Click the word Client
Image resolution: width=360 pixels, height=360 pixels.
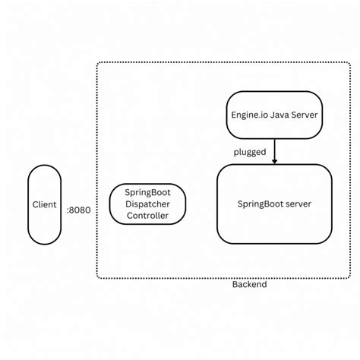pos(45,205)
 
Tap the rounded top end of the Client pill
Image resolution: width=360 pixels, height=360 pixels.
pos(45,169)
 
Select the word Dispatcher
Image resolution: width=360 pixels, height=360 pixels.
pos(148,204)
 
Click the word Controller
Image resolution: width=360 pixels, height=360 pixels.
pos(147,216)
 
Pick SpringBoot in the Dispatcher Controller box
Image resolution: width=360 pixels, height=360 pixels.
pos(148,192)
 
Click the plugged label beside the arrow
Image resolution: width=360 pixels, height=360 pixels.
pos(249,152)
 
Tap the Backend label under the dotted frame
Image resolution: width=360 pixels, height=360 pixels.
pos(249,284)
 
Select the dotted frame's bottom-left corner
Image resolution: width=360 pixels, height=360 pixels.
pos(98,277)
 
